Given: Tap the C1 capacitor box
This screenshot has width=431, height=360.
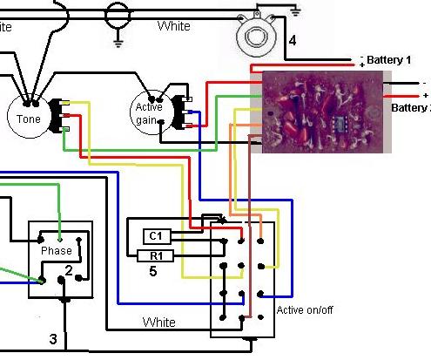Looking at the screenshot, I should [157, 235].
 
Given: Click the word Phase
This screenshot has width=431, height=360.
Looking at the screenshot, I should [57, 250].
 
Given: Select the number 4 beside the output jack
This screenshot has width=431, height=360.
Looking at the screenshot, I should [293, 40].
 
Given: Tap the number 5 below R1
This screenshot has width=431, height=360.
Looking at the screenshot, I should [153, 271].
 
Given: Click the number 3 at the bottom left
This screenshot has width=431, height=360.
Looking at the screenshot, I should [52, 338].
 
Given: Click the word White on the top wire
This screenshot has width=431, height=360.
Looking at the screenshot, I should [173, 27].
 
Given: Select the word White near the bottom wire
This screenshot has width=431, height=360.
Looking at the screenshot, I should [159, 322].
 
